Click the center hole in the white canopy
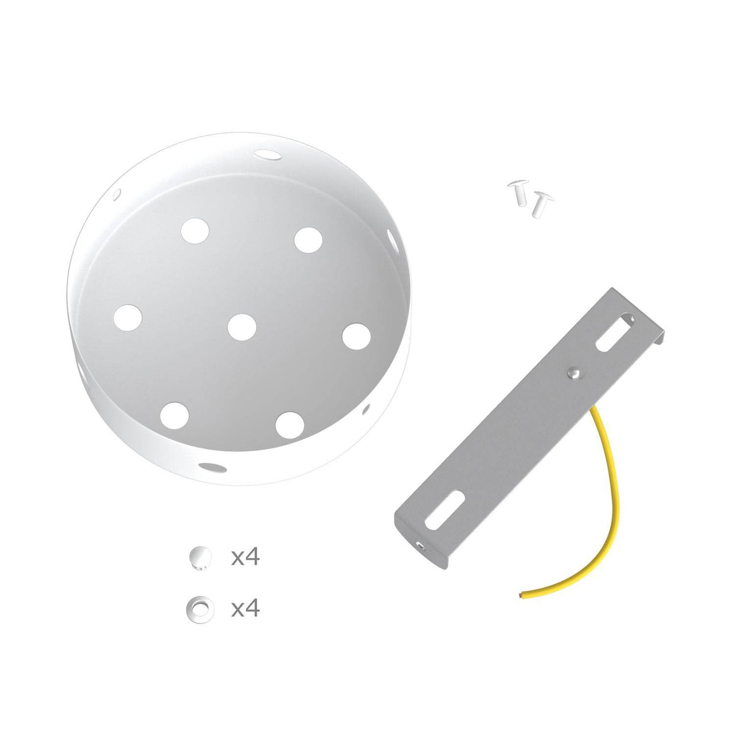(x=242, y=327)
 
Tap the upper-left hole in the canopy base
(x=195, y=230)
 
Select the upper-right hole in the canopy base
(x=309, y=240)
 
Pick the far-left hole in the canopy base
(x=128, y=317)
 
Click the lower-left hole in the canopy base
(x=174, y=414)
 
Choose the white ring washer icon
(x=199, y=606)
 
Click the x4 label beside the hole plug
(x=245, y=557)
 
